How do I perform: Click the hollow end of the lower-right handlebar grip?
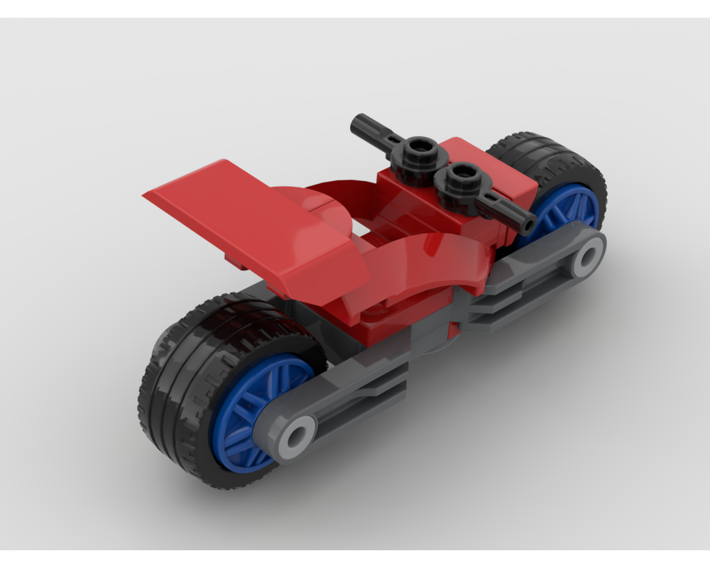pyautogui.click(x=528, y=225)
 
